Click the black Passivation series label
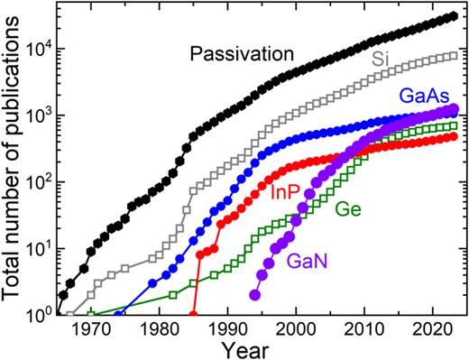241,55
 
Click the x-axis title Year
260,347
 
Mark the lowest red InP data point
193,314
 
